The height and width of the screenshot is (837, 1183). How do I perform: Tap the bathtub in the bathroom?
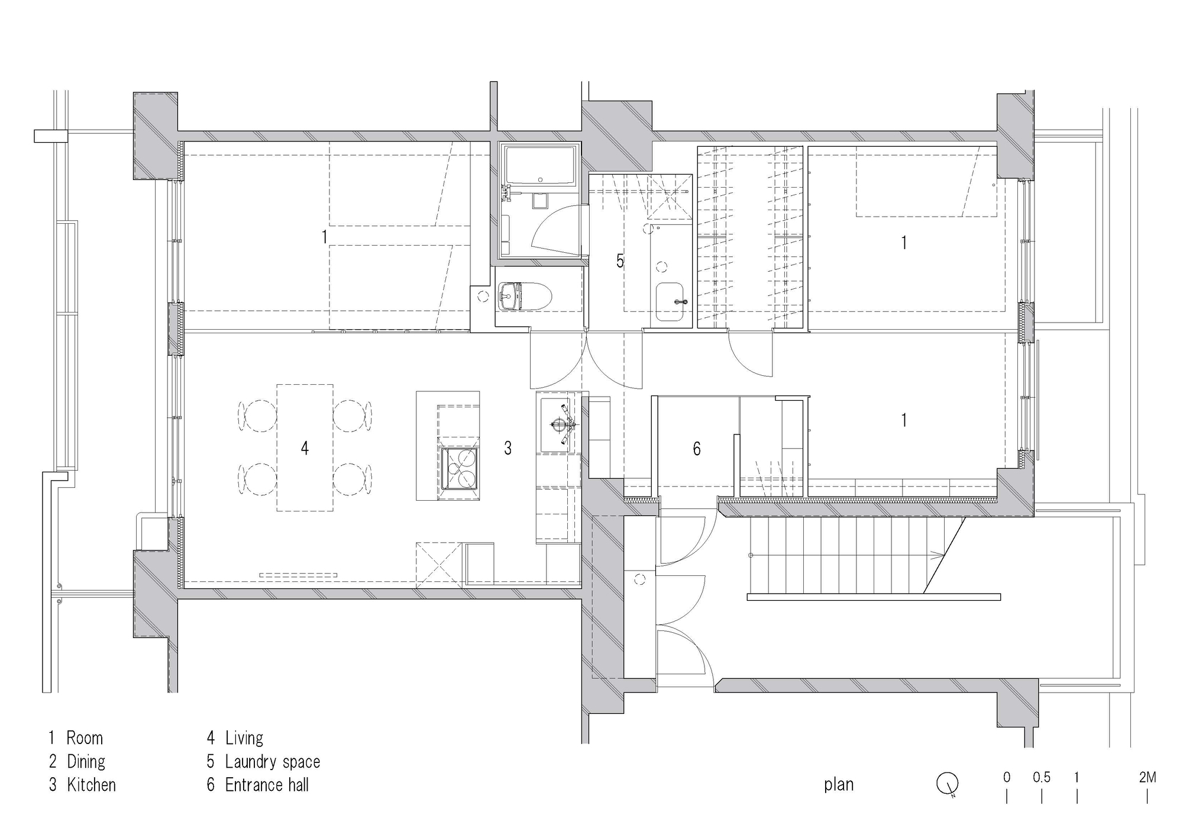[x=540, y=164]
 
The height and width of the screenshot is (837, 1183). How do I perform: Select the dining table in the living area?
[x=305, y=448]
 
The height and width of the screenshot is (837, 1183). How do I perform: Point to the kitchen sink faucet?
[x=560, y=424]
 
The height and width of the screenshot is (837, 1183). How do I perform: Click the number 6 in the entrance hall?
[x=697, y=449]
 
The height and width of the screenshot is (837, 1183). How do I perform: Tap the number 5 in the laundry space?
[x=620, y=260]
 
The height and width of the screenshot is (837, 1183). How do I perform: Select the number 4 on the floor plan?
[x=305, y=448]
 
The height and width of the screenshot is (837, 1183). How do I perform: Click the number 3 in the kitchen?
[x=508, y=448]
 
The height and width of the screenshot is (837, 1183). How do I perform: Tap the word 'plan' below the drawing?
[x=839, y=784]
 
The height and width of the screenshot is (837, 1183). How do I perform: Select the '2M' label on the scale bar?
[x=1147, y=777]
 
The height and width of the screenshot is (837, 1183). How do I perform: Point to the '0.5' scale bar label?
[x=1042, y=777]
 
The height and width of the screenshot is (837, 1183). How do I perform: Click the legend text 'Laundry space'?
[x=273, y=761]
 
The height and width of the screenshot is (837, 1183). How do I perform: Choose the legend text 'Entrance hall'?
[x=267, y=785]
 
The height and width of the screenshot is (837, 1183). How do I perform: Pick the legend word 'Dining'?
[x=86, y=761]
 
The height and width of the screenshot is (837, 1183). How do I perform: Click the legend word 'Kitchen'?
[x=91, y=785]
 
